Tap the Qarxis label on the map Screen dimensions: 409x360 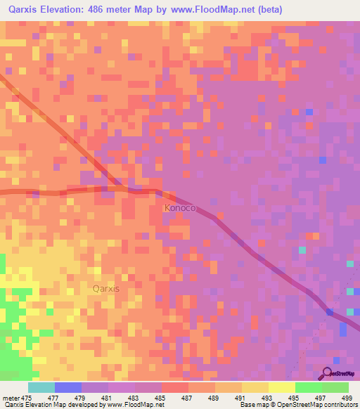(106, 288)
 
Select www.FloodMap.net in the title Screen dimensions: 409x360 (215, 9)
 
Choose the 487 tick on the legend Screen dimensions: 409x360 (188, 398)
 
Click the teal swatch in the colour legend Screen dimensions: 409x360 (41, 387)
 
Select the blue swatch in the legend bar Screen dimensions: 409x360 (68, 387)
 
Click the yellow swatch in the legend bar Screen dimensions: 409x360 (281, 387)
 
